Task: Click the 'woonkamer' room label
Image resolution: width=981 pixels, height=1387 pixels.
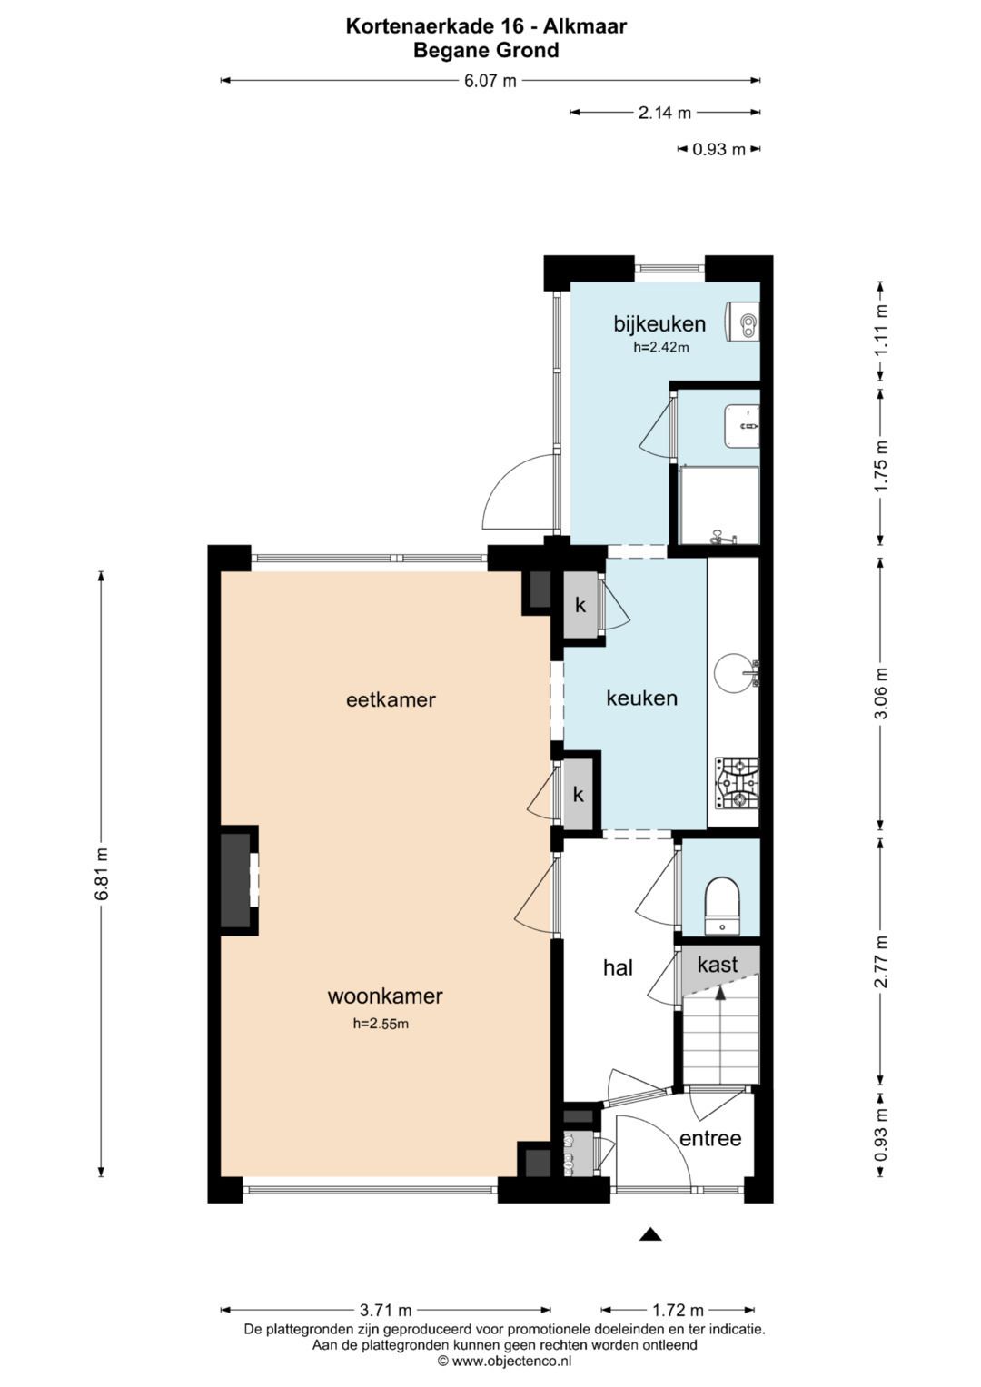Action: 384,996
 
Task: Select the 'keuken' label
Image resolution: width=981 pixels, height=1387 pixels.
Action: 641,698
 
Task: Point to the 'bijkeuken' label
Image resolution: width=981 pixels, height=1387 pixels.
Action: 659,323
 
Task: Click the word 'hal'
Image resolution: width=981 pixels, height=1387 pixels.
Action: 618,967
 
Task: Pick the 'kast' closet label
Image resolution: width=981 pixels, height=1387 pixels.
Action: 718,964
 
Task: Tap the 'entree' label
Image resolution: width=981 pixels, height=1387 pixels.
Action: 710,1138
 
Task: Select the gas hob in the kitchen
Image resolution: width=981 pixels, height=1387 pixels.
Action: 738,783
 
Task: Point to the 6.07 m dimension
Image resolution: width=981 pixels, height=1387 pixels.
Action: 490,81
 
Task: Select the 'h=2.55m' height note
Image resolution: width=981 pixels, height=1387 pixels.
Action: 381,1024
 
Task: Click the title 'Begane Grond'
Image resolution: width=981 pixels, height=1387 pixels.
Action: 486,50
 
